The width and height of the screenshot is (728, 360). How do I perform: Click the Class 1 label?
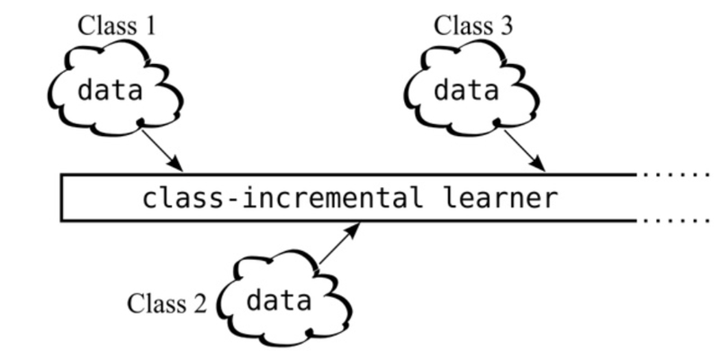(118, 24)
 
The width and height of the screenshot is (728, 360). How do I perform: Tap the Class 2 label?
(167, 302)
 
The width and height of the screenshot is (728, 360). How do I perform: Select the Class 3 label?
(474, 24)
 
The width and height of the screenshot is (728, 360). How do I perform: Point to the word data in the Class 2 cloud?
(278, 301)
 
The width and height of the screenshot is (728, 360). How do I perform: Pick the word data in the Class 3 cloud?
(467, 90)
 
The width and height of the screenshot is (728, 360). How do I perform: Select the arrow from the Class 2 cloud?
(339, 245)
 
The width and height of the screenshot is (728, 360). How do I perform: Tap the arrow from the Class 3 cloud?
(524, 148)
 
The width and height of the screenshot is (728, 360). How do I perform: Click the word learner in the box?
(499, 197)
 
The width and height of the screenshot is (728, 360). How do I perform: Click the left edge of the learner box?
(61, 197)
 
